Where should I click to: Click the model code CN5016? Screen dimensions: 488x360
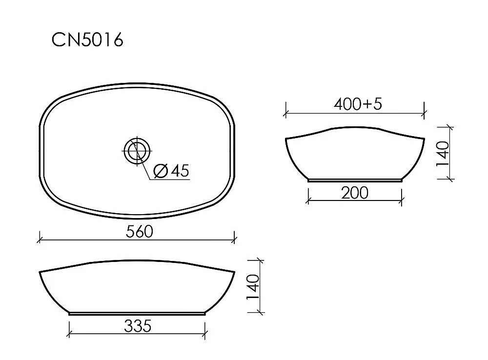pyautogui.click(x=87, y=40)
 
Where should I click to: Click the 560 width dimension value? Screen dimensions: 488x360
pyautogui.click(x=140, y=232)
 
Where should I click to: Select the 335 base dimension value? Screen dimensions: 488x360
pyautogui.click(x=138, y=326)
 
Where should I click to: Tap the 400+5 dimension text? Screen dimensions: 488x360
pyautogui.click(x=358, y=104)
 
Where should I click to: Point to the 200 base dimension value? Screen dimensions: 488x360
pyautogui.click(x=355, y=193)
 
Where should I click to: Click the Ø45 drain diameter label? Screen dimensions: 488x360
pyautogui.click(x=171, y=171)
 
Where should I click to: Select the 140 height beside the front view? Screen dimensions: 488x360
pyautogui.click(x=253, y=287)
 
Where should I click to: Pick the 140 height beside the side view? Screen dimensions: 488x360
pyautogui.click(x=443, y=154)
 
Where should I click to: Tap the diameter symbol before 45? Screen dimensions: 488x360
pyautogui.click(x=161, y=171)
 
